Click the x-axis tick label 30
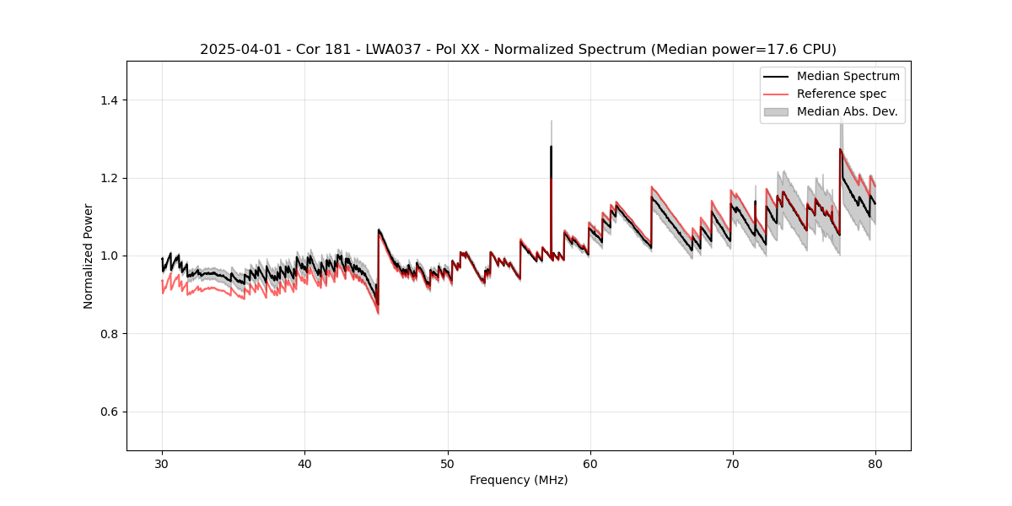(162, 463)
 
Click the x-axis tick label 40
(304, 463)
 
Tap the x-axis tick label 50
(447, 463)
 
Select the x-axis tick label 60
(589, 463)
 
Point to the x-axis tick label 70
(732, 463)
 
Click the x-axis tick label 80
(875, 463)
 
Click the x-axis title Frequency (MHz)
(519, 480)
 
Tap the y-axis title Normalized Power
(88, 256)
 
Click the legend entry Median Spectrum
(848, 76)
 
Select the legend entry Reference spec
(842, 94)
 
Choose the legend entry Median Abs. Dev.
(847, 111)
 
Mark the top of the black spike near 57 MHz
(551, 147)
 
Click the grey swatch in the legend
(776, 111)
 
